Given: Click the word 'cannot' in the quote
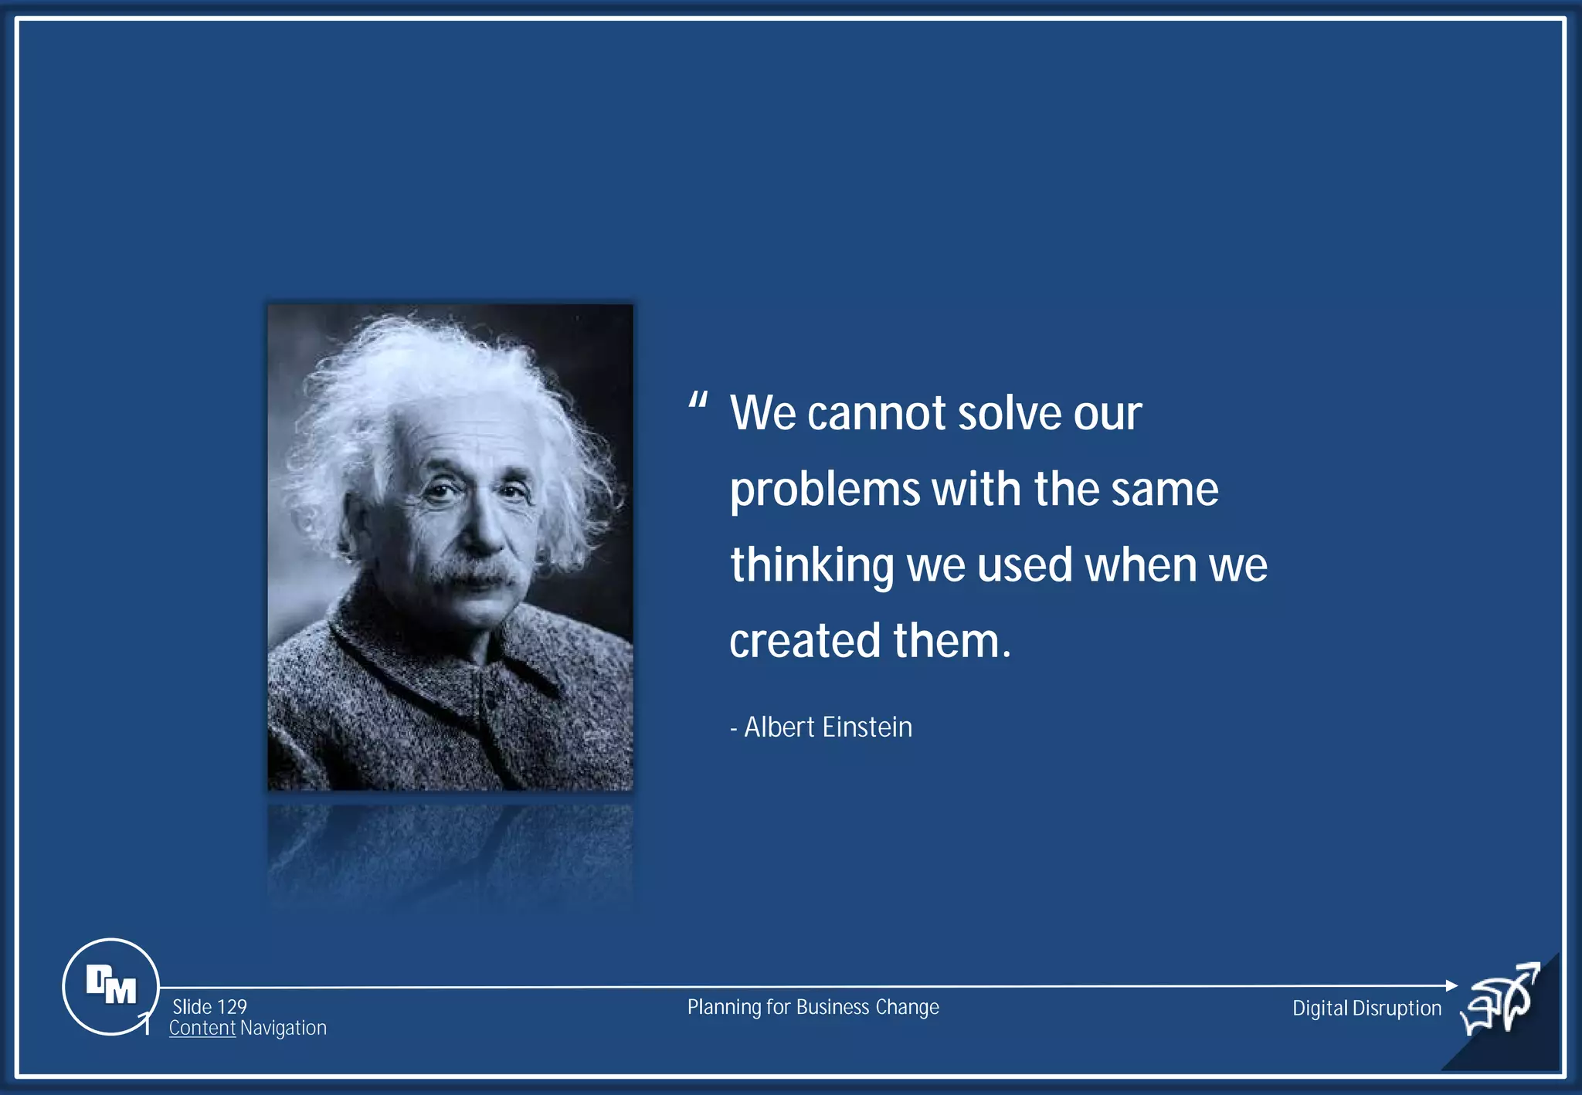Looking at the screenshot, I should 876,414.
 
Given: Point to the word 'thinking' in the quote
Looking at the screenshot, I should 811,566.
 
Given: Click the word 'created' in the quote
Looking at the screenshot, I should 805,642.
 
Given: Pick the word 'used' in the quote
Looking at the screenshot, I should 1024,566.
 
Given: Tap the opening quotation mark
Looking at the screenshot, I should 698,402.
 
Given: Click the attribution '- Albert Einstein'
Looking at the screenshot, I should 821,727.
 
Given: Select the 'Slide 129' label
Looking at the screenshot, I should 209,1007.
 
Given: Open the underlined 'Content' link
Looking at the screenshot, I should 202,1029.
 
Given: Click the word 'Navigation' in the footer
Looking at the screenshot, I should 283,1029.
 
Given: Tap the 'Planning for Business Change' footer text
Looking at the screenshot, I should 813,1008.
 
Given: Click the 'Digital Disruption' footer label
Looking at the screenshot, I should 1366,1009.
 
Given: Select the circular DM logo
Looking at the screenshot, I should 110,986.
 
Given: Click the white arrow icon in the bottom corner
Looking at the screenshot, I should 1502,1002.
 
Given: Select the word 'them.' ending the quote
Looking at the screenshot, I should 952,642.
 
